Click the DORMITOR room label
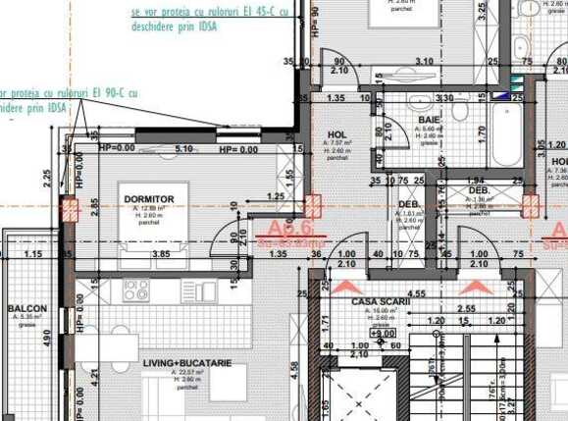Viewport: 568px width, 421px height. click(x=149, y=199)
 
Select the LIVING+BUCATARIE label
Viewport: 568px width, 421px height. click(x=186, y=363)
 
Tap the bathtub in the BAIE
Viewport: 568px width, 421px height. click(x=509, y=134)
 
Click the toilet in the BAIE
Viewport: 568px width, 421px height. click(x=460, y=109)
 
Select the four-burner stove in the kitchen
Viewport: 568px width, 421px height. click(x=135, y=290)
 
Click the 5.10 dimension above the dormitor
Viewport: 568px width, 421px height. click(x=183, y=149)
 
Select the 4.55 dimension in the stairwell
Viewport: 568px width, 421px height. click(x=415, y=292)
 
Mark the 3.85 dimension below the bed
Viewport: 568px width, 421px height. click(x=161, y=253)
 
